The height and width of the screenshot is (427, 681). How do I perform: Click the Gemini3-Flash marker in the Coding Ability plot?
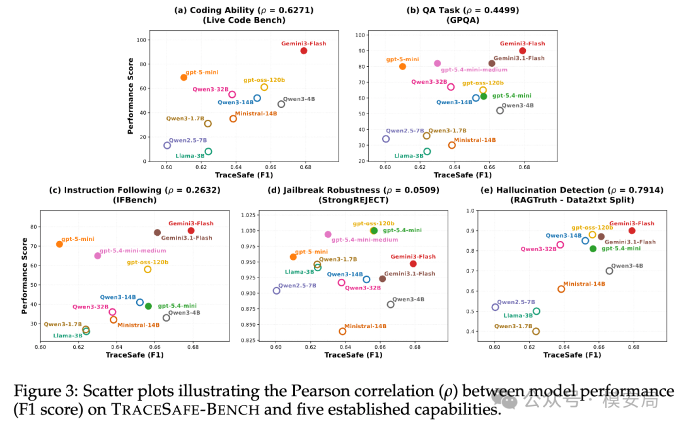[x=303, y=51]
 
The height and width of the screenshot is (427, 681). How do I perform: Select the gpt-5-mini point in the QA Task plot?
[x=402, y=66]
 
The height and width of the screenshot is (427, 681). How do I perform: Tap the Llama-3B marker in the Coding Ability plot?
[x=209, y=151]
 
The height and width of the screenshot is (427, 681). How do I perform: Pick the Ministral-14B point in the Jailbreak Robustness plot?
[x=342, y=331]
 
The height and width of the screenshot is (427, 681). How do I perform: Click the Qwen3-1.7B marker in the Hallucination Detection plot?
[x=536, y=331]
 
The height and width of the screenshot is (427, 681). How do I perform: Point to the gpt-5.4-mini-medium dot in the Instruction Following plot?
[x=98, y=256]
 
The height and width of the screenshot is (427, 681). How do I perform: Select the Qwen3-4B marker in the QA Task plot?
[x=500, y=111]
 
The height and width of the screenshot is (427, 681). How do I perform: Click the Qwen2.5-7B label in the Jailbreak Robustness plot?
[x=297, y=285]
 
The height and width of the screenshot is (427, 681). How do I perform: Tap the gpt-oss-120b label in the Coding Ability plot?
[x=264, y=80]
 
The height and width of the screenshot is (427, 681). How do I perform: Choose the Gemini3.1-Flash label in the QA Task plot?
[x=519, y=58]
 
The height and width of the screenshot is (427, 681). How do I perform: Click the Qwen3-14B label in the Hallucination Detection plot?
[x=564, y=235]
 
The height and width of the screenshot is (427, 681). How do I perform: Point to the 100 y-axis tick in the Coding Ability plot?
[x=142, y=40]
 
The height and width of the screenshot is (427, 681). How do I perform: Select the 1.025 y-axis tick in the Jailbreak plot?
[x=248, y=215]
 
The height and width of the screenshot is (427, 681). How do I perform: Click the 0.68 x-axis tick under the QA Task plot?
[x=524, y=167]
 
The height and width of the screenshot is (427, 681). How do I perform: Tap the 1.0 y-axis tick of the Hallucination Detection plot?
[x=470, y=211]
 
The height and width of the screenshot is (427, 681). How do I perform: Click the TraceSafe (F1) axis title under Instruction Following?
[x=135, y=355]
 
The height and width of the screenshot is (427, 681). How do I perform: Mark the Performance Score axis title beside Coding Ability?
[x=131, y=96]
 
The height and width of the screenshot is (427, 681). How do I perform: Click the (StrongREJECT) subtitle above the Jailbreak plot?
[x=354, y=200]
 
